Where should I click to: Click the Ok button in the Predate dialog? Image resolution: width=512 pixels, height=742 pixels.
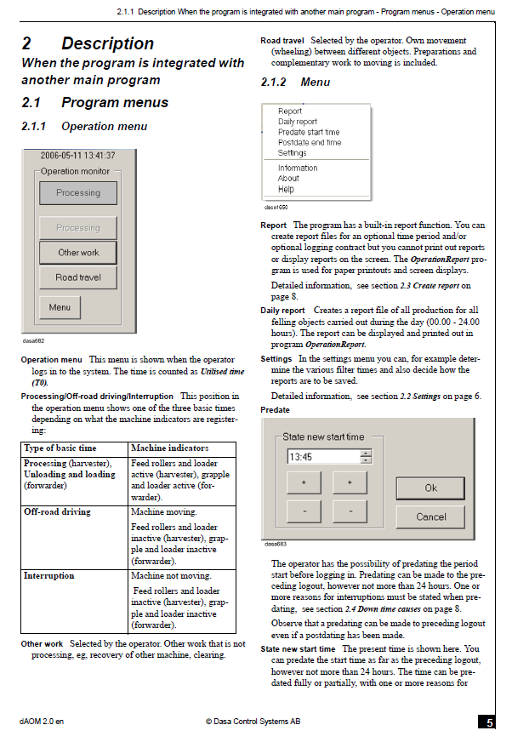pos(430,488)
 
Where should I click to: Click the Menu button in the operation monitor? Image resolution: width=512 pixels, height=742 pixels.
pos(60,307)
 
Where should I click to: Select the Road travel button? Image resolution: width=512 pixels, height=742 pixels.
pos(78,277)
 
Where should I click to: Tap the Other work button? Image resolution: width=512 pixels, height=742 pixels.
pos(78,253)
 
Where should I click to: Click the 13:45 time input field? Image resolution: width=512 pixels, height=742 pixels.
pos(323,457)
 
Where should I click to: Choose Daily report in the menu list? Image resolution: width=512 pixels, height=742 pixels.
pos(298,122)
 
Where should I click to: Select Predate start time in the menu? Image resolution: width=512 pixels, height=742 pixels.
pos(309,133)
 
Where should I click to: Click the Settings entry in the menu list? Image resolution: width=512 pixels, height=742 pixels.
pos(293,153)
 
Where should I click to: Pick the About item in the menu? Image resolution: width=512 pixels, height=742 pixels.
pos(288,179)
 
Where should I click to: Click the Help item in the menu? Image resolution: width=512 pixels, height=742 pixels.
pos(286,189)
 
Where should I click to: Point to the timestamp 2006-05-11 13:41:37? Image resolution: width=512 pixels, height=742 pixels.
pos(77,156)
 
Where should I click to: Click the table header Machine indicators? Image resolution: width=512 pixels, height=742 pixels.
pos(169,448)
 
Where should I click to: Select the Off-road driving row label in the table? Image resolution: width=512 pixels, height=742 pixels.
pos(57,512)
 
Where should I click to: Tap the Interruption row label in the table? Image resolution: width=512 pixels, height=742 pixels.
pos(49,576)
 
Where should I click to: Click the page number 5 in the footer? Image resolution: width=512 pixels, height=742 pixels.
pos(490,722)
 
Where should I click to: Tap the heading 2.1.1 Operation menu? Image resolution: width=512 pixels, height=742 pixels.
pos(84,127)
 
